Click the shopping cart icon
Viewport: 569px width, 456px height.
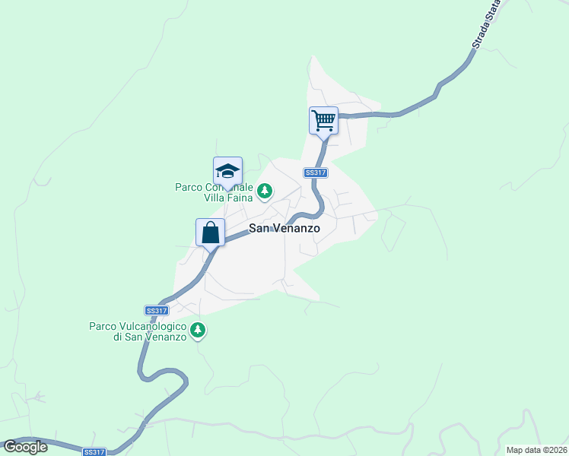[x=323, y=120]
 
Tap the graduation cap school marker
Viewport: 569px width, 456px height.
[x=227, y=170]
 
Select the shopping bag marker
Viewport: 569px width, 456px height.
[x=210, y=232]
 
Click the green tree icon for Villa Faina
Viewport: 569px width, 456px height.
[x=265, y=192]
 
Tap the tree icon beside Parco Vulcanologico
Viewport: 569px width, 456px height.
[x=198, y=330]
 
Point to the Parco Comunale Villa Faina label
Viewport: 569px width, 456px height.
[x=216, y=192]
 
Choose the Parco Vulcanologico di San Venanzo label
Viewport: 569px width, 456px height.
[x=138, y=331]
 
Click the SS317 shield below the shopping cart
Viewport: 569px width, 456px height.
[x=315, y=173]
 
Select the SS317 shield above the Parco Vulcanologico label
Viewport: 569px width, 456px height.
[x=156, y=310]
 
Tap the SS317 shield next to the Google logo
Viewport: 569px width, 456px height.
[x=94, y=451]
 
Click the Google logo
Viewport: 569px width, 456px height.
[x=25, y=447]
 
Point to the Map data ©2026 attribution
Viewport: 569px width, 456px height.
[x=537, y=450]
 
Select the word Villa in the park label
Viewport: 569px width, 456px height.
[x=215, y=198]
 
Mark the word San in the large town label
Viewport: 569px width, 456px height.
[x=261, y=228]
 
